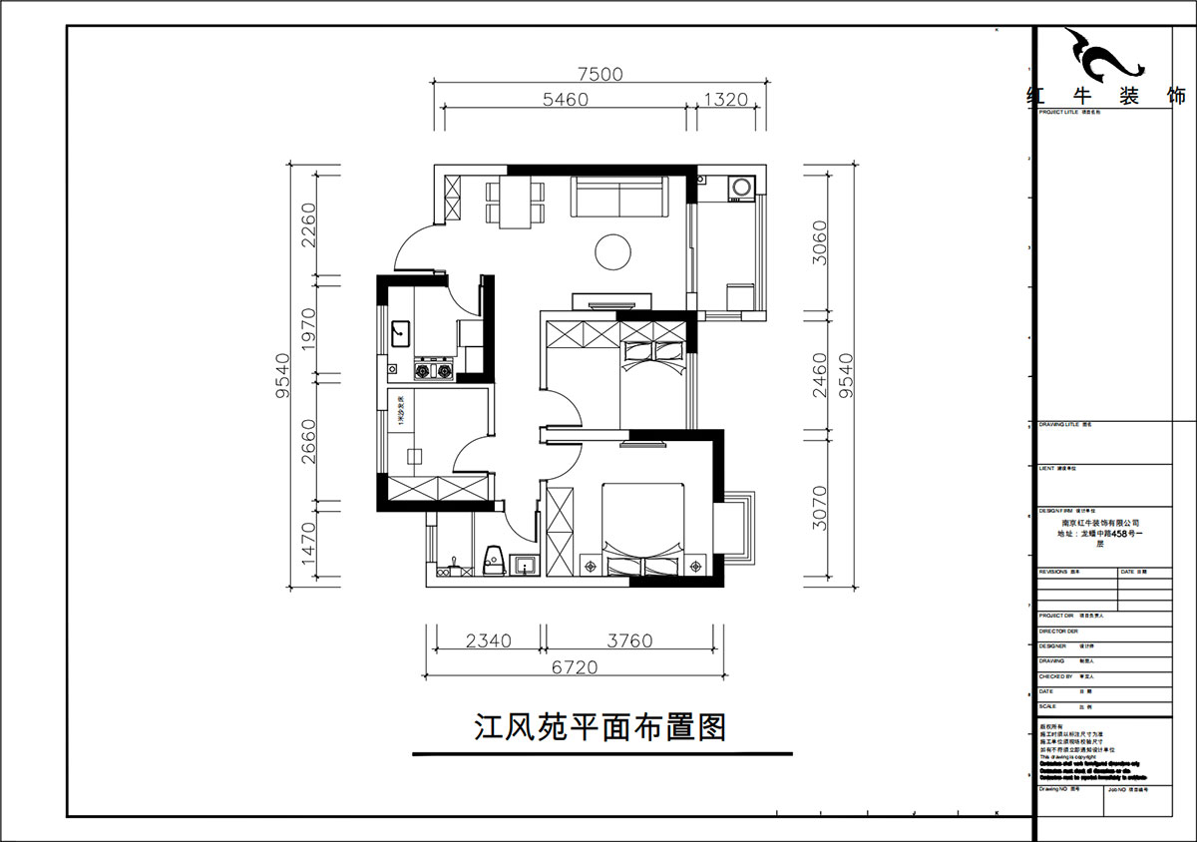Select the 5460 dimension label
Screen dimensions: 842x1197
(x=566, y=99)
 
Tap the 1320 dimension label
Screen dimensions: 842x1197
(x=726, y=99)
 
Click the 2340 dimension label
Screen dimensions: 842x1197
(x=488, y=641)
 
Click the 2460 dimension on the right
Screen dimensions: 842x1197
(x=819, y=375)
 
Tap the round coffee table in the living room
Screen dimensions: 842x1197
(x=611, y=251)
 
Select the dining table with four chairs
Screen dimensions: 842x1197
(x=515, y=203)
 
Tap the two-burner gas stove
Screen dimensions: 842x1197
(x=434, y=371)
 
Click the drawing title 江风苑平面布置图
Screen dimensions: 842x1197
(x=598, y=726)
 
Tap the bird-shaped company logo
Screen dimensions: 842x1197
(x=1103, y=58)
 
